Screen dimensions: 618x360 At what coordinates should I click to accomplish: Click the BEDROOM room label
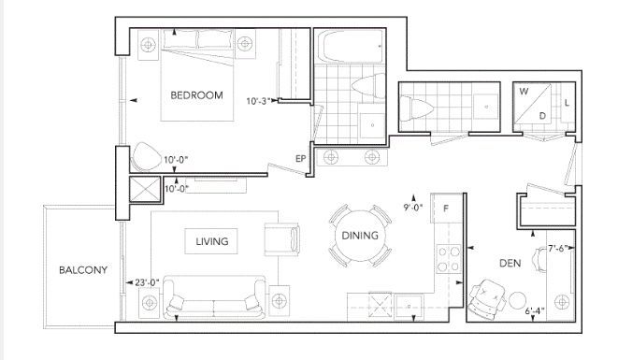[x=196, y=95]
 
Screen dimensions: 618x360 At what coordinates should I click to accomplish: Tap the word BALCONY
[x=83, y=270]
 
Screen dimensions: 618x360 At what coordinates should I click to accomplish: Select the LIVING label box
[x=211, y=241]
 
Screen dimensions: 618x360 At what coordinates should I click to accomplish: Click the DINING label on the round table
[x=360, y=236]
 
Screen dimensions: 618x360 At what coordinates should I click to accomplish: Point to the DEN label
[x=510, y=263]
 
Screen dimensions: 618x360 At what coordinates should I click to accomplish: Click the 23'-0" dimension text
[x=147, y=282]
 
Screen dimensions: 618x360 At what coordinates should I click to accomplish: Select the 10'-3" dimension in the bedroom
[x=259, y=101]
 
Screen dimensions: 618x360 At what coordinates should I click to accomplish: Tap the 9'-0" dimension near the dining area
[x=413, y=208]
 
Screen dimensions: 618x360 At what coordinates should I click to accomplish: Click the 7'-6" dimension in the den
[x=559, y=249]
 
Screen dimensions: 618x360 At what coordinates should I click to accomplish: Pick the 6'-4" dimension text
[x=535, y=310]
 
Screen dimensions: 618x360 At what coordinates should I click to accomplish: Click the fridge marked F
[x=446, y=209]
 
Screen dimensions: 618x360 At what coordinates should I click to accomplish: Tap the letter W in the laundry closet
[x=524, y=92]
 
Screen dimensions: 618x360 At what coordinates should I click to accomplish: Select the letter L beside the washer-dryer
[x=567, y=103]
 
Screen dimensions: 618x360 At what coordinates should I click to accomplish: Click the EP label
[x=301, y=159]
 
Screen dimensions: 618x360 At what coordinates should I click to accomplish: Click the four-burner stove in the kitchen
[x=449, y=259]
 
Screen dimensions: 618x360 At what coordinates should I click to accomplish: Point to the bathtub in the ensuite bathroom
[x=351, y=47]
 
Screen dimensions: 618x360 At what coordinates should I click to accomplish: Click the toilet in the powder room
[x=416, y=108]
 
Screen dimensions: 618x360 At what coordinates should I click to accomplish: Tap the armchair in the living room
[x=281, y=239]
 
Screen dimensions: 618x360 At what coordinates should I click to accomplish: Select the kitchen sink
[x=410, y=307]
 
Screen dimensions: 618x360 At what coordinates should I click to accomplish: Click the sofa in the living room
[x=215, y=297]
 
